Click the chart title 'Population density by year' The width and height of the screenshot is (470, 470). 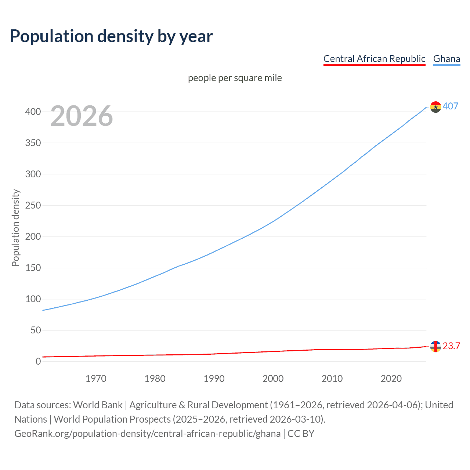click(x=111, y=36)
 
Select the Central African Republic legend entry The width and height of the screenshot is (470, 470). click(x=374, y=59)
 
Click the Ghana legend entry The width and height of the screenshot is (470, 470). click(x=446, y=59)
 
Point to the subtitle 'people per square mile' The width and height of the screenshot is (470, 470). click(x=235, y=78)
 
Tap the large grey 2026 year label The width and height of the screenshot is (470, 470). click(x=82, y=116)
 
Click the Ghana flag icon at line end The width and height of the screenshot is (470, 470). click(x=435, y=107)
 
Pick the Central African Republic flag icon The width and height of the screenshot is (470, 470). click(x=435, y=346)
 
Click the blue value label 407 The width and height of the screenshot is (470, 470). click(x=450, y=106)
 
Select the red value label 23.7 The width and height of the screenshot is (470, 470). click(x=451, y=346)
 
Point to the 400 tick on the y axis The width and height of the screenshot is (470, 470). click(x=33, y=112)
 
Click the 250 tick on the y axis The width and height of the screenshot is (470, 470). click(x=33, y=205)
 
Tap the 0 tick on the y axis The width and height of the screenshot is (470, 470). click(x=38, y=361)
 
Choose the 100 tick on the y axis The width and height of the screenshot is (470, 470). click(x=33, y=299)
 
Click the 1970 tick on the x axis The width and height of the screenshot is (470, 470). click(x=96, y=379)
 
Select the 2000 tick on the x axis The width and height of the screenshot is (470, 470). click(x=273, y=379)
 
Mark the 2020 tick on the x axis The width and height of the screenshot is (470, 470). click(x=391, y=379)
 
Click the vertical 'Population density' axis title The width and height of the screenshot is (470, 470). click(x=15, y=228)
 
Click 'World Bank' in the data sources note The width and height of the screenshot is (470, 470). click(x=98, y=405)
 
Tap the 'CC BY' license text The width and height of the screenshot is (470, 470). click(x=301, y=434)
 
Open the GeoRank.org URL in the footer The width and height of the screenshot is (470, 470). click(x=147, y=434)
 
